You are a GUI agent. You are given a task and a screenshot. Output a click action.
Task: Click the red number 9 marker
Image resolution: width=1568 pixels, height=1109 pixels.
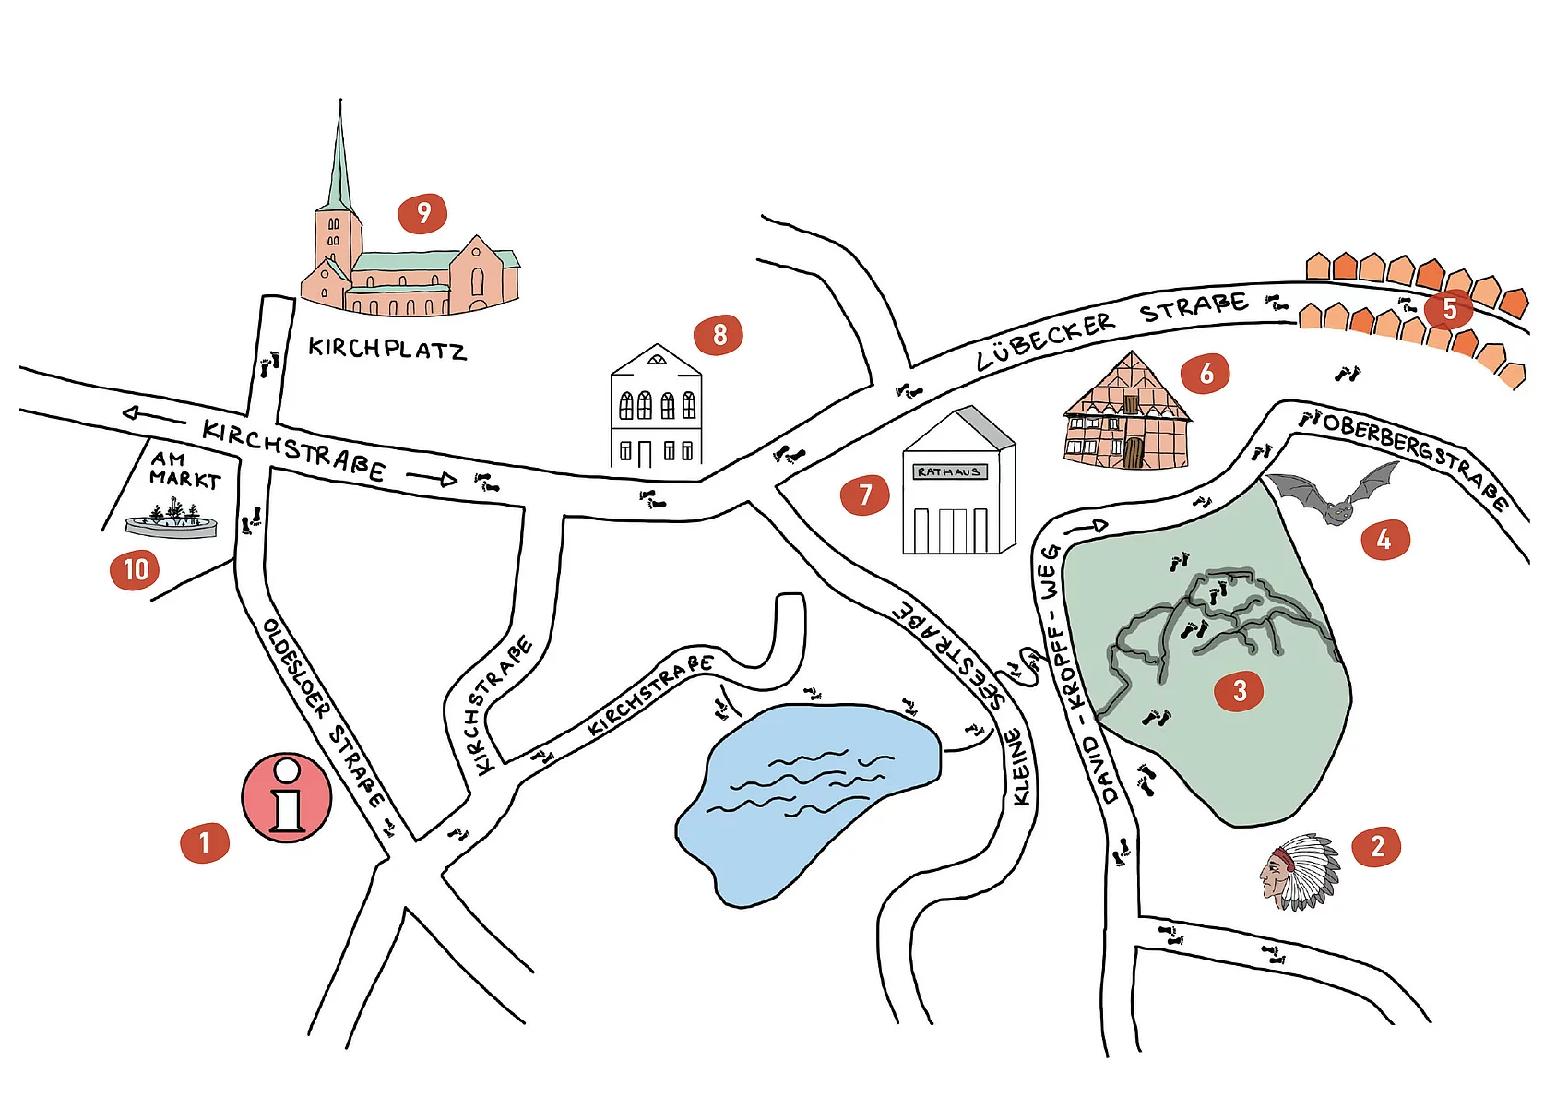click(422, 214)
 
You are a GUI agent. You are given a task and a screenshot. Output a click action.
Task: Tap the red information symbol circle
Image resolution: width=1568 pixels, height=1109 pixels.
click(287, 798)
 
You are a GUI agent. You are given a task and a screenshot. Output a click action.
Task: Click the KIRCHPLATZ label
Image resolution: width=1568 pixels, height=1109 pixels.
click(387, 349)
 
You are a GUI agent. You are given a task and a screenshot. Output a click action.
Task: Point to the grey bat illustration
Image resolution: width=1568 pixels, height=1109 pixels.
click(1333, 495)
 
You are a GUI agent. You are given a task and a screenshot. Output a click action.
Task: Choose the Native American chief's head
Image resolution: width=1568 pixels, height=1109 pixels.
click(1299, 872)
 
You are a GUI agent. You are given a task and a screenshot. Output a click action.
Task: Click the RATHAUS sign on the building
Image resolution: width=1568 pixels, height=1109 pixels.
click(948, 471)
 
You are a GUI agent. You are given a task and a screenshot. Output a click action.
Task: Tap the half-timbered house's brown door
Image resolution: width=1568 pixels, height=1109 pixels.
click(1133, 453)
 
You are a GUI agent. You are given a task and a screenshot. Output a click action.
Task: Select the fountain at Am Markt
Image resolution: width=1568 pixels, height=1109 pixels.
click(172, 521)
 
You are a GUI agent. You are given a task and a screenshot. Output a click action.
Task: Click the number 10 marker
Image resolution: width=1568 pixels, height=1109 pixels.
click(135, 569)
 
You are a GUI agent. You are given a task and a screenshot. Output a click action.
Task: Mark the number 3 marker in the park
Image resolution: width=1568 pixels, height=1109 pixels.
click(1240, 690)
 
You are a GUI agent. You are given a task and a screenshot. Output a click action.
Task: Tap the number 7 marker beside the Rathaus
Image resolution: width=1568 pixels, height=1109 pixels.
click(864, 495)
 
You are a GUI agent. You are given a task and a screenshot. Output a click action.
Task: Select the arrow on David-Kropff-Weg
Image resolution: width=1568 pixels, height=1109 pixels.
click(1087, 528)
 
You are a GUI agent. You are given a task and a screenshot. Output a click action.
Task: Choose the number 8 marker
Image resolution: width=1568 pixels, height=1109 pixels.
click(719, 334)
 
